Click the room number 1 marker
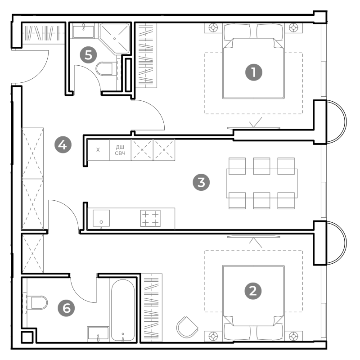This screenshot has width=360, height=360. coord(253,72)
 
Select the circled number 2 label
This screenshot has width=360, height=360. coord(253,291)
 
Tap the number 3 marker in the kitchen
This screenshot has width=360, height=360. coord(201,183)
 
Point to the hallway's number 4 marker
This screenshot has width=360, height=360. coord(63,145)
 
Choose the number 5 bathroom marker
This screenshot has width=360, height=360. coord(88,55)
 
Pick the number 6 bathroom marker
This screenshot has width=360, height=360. coord(66,308)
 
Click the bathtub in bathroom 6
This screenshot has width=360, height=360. coord(123,310)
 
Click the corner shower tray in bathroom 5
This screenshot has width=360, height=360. coord(115,38)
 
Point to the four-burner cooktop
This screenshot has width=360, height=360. coord(150,218)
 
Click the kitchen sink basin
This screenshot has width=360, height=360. coord(101,218)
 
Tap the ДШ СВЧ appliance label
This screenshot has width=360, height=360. coord(120,150)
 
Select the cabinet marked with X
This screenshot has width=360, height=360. coord(98,150)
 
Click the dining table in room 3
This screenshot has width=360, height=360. coord(262,183)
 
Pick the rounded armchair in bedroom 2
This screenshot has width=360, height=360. coord(187,327)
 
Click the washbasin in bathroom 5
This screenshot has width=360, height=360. coord(83,31)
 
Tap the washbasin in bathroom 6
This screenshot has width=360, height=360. coord(98,334)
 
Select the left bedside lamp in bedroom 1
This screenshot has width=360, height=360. coord(213,28)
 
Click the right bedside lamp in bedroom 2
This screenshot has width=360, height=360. coord(294,336)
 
